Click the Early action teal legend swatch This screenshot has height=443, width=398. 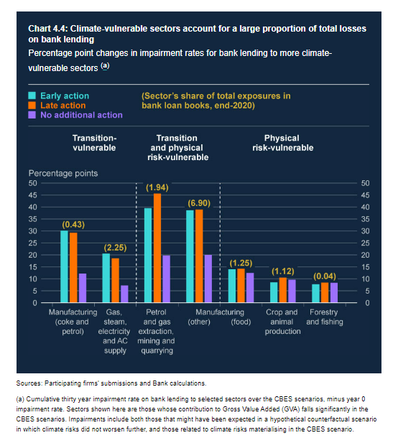tap(33, 95)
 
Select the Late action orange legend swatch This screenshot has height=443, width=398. tap(33, 105)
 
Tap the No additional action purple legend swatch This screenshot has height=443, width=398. tap(33, 115)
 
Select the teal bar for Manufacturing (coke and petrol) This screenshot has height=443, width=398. tap(64, 266)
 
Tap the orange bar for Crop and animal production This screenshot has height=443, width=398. tap(282, 289)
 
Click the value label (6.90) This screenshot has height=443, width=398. tap(199, 203)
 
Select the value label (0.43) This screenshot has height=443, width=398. tap(73, 225)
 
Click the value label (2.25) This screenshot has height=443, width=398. tap(115, 247)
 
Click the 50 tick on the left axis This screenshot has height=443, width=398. tap(33, 183)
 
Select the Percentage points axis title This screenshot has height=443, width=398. tap(63, 173)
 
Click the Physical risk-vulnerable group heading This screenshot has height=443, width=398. tap(282, 142)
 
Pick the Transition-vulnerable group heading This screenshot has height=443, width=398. tap(95, 142)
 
